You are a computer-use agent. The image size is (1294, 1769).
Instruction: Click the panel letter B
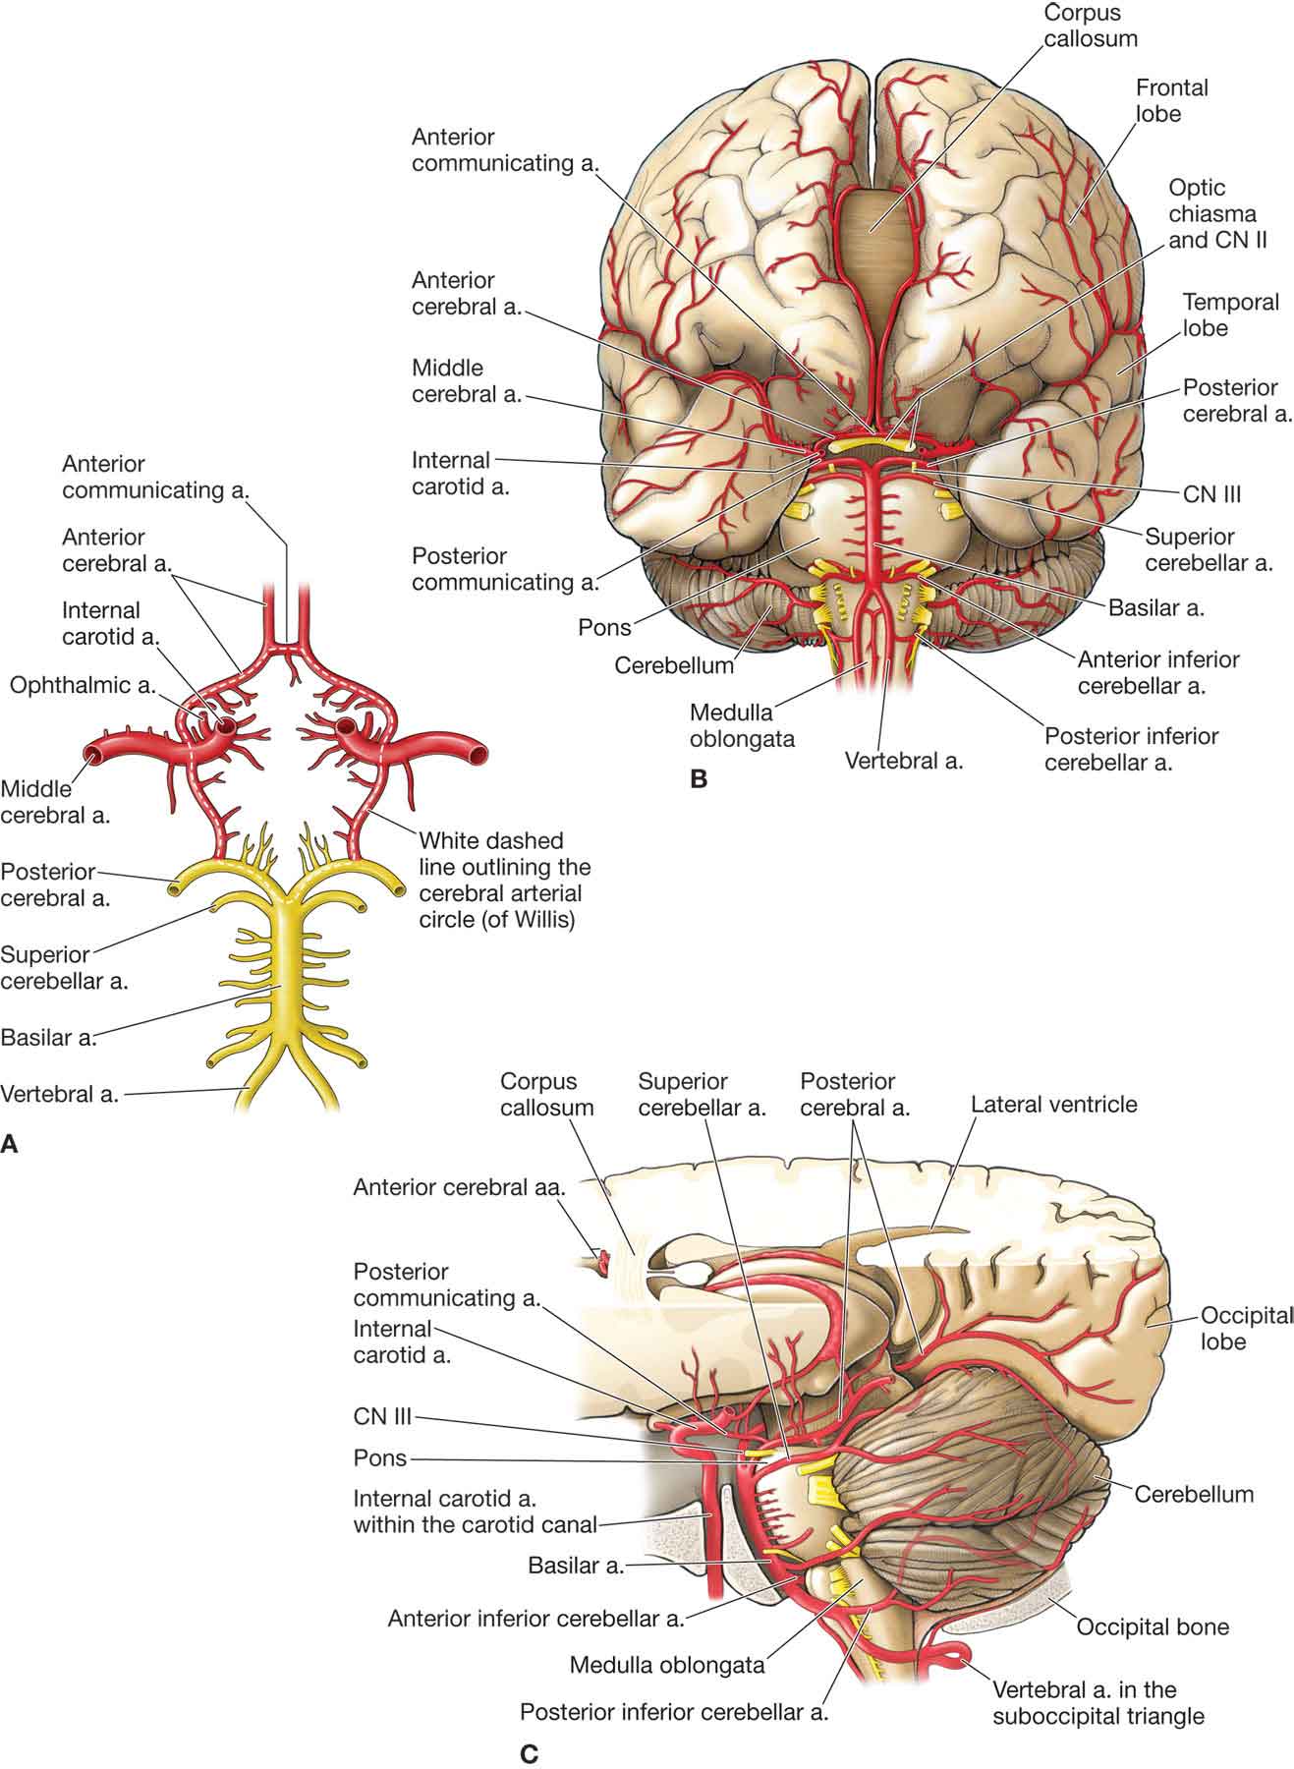(x=699, y=779)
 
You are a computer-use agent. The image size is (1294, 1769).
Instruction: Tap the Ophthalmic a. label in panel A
(x=83, y=685)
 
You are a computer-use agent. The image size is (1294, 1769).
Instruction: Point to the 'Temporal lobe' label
(x=1230, y=314)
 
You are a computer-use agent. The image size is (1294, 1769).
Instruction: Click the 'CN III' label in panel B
(x=1211, y=494)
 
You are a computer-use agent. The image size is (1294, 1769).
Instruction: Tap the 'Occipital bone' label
(x=1153, y=1626)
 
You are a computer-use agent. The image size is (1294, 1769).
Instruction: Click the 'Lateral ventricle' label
(x=1053, y=1105)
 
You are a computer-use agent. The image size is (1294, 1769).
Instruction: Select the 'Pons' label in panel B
(x=605, y=627)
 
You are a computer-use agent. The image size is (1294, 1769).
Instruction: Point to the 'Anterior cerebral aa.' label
(x=459, y=1187)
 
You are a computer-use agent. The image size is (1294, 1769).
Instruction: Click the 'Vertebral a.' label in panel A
(x=60, y=1094)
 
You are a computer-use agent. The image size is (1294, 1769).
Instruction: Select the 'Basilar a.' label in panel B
(x=1156, y=608)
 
